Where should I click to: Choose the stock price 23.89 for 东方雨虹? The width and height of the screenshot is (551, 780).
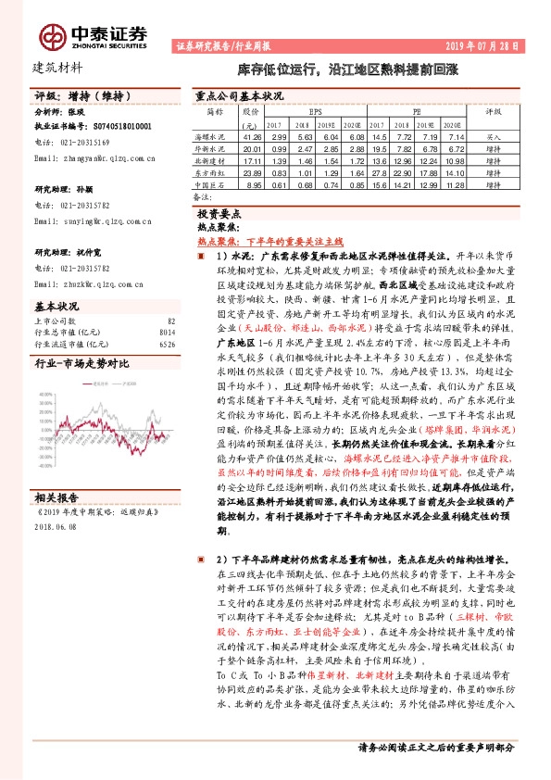[251, 172]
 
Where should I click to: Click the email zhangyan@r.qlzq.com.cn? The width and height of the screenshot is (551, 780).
[85, 158]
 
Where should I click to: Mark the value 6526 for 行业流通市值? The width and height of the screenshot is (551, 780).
[167, 344]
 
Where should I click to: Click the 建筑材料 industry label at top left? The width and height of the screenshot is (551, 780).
[57, 67]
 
